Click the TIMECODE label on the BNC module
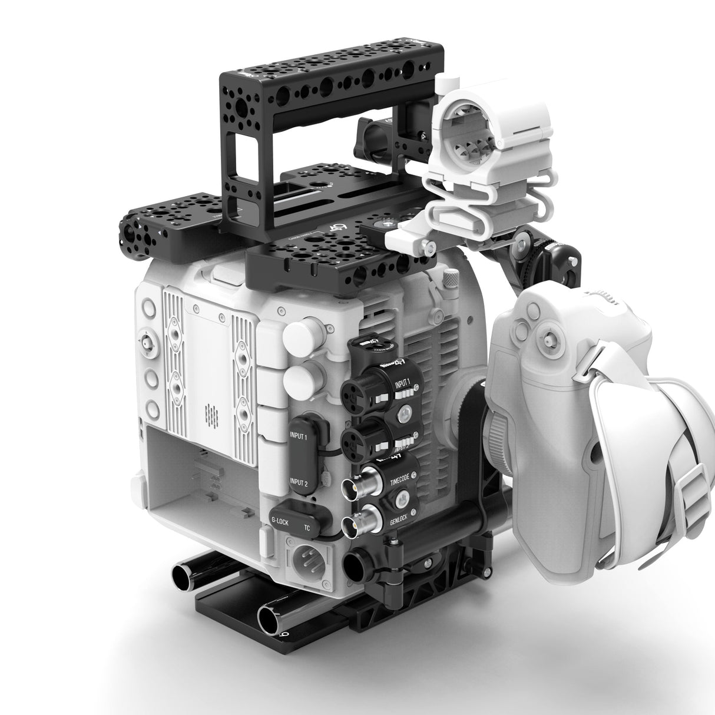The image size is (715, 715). pyautogui.click(x=402, y=482)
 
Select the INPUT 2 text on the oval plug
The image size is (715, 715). pyautogui.click(x=299, y=483)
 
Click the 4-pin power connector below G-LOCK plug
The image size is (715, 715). pyautogui.click(x=301, y=557)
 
